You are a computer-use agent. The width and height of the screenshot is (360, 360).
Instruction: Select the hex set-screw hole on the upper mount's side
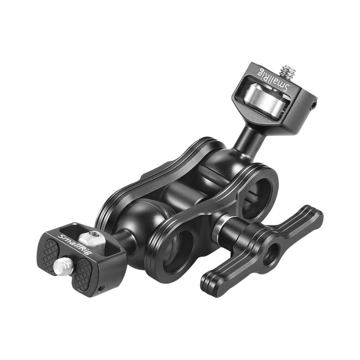[314, 105]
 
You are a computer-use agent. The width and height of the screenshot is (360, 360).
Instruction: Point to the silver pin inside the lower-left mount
[92, 238]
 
